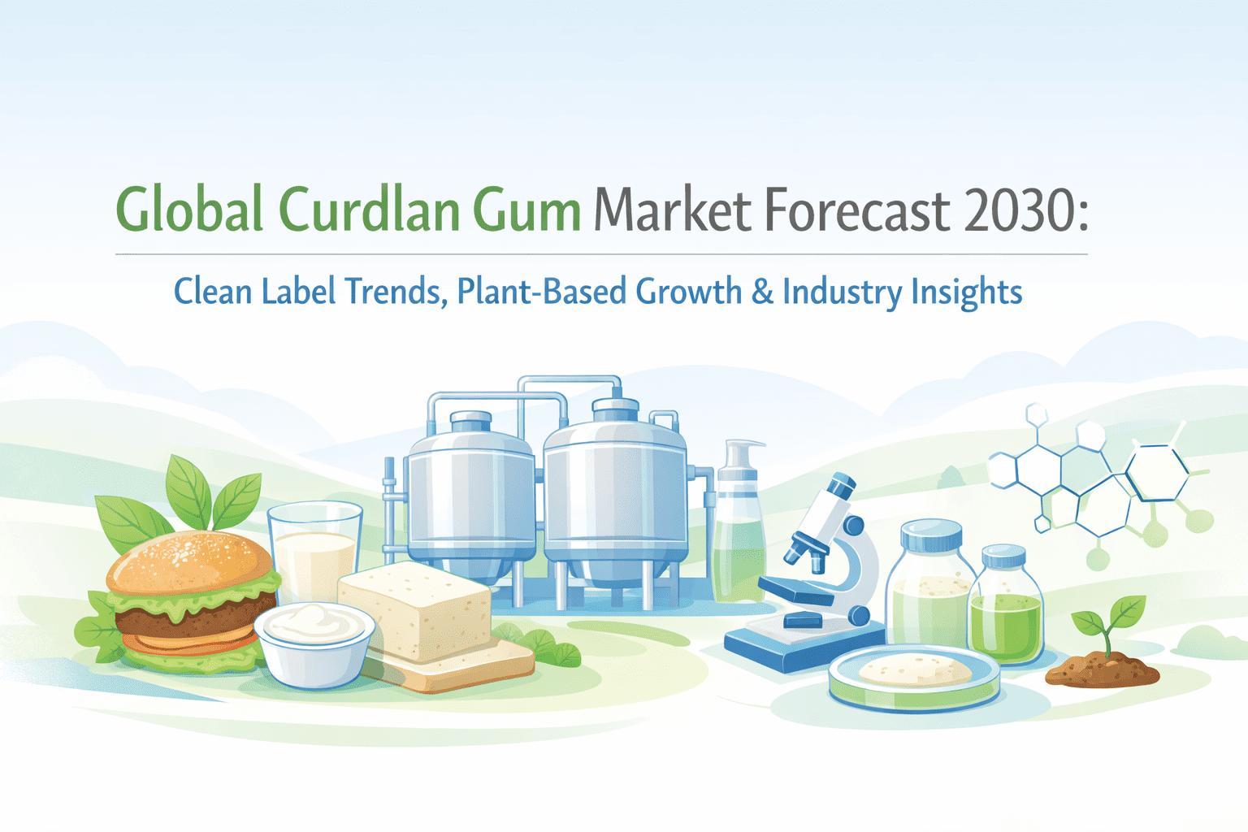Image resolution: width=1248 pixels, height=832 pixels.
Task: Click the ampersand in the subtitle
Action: (762, 292)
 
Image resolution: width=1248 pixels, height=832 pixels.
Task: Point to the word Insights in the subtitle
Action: (967, 293)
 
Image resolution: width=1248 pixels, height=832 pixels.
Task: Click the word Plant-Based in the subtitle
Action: (542, 292)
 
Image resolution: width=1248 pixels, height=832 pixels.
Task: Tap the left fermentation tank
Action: (471, 501)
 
